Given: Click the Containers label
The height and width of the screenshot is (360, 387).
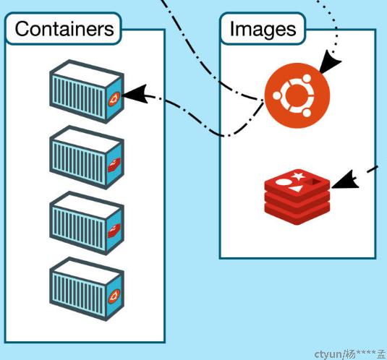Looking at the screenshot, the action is pos(64,29).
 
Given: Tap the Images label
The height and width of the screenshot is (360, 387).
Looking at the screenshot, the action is pos(263,30).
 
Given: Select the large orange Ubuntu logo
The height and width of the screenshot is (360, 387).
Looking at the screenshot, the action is pos(297,95).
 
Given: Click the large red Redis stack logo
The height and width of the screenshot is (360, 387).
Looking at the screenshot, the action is pos(297,197).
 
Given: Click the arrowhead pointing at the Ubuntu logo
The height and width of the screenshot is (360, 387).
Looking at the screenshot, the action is pos(330,61).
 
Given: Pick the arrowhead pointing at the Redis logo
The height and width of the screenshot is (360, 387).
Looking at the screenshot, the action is pos(345,180).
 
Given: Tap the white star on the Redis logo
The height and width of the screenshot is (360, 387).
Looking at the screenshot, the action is pos(298,176).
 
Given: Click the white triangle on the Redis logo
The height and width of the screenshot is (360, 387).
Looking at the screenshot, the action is pos(295,189).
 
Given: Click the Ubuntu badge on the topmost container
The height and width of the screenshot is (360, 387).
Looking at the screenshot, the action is pos(114,99).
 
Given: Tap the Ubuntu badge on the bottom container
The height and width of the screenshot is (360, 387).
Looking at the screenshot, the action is pos(114,296).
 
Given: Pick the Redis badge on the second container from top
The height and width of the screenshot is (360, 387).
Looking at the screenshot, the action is pos(114,165).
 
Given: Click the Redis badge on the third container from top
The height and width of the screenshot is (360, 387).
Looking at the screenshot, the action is pos(114,231).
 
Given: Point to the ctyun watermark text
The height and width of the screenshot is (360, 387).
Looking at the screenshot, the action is pos(349,354).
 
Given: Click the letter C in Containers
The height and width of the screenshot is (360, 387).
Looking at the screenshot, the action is pos(22,29).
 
